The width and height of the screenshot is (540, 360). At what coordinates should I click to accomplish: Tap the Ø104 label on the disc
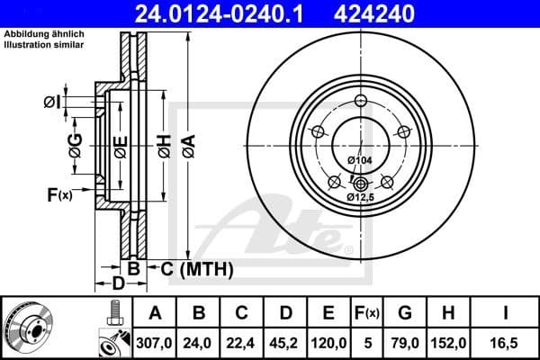tap(359, 160)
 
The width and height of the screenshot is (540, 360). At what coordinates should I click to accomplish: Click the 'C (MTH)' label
tap(197, 268)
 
